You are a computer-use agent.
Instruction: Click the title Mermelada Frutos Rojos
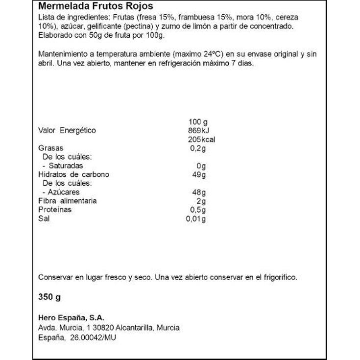(x=96, y=6)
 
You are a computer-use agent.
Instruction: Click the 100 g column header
(x=198, y=122)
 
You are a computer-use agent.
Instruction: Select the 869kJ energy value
(x=198, y=131)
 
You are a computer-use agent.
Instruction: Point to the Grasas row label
(x=50, y=148)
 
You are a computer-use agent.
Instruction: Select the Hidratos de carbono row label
(x=73, y=175)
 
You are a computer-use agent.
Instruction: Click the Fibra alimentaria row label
(x=67, y=201)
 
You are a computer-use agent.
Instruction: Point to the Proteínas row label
(x=55, y=210)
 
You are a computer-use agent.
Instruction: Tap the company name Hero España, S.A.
(x=72, y=318)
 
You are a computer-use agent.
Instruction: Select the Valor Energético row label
(x=67, y=131)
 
